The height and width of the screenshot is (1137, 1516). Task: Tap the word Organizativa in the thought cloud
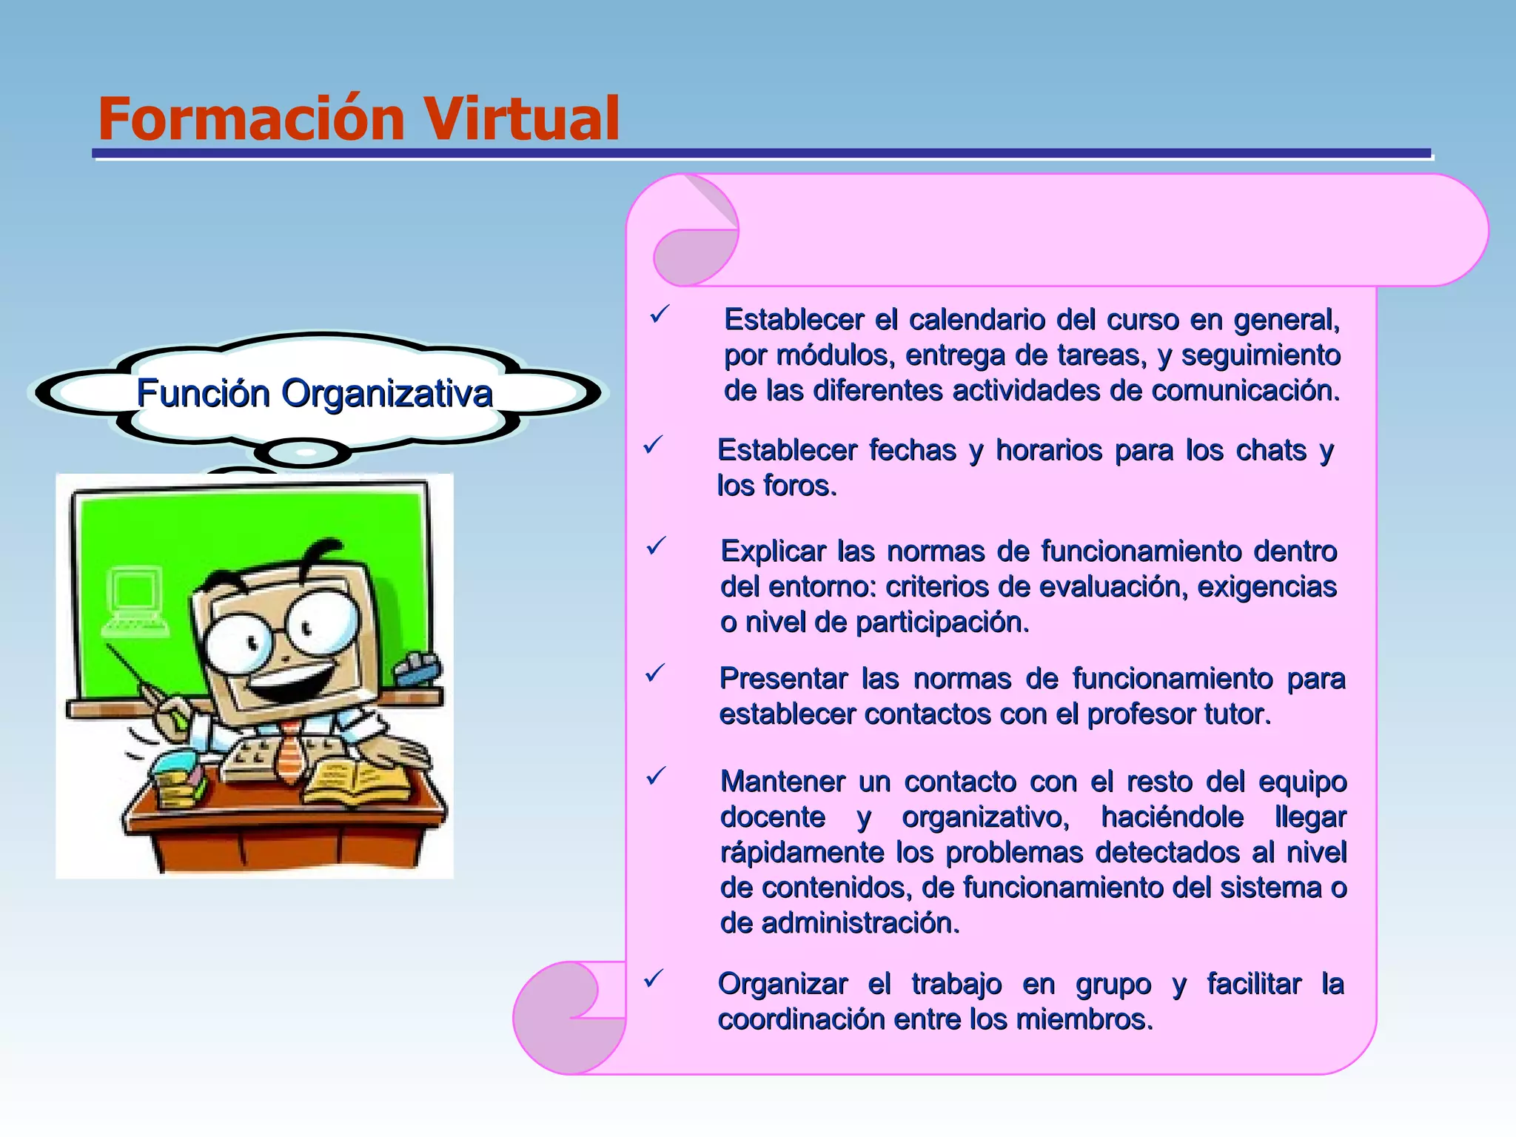tap(386, 393)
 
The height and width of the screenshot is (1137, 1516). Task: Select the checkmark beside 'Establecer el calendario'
tap(659, 315)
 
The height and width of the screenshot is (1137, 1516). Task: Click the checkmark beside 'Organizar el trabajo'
tap(653, 979)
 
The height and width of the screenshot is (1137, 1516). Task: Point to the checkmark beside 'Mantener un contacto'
tap(656, 777)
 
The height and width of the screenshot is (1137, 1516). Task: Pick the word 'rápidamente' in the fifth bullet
tap(802, 852)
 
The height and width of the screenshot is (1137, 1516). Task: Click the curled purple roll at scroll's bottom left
tap(566, 1018)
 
